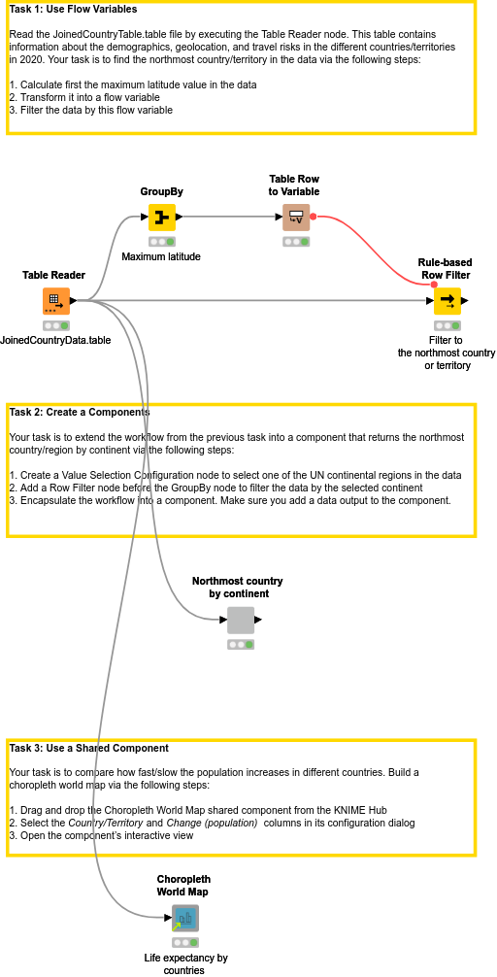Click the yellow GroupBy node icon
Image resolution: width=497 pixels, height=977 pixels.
[x=162, y=218]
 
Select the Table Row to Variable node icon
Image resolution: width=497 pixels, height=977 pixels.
[x=295, y=218]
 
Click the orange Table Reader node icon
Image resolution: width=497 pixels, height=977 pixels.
[x=55, y=301]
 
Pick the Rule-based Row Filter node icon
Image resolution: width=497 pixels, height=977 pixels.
[x=447, y=301]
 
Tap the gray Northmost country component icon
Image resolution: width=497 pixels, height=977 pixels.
[x=240, y=620]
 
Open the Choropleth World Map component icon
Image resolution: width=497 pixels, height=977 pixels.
[x=184, y=918]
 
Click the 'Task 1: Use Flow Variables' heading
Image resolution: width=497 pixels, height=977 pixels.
[x=73, y=10]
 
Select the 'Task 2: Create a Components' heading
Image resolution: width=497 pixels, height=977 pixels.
[x=80, y=412]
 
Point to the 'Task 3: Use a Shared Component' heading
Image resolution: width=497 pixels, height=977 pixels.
[x=88, y=748]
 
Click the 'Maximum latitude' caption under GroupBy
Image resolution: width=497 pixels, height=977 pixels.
[x=161, y=256]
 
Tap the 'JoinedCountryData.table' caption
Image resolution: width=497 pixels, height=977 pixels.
[x=55, y=340]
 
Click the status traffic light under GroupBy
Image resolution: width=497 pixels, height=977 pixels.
[x=162, y=241]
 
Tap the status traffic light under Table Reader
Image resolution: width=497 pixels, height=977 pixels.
[x=55, y=325]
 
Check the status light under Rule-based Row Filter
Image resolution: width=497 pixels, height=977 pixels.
[x=447, y=325]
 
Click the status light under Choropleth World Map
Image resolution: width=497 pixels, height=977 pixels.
[x=184, y=942]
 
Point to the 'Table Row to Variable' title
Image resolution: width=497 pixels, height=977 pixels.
[x=294, y=185]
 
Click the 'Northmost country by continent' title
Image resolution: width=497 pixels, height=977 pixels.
[x=238, y=587]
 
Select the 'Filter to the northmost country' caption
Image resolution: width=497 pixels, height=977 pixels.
[x=447, y=353]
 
